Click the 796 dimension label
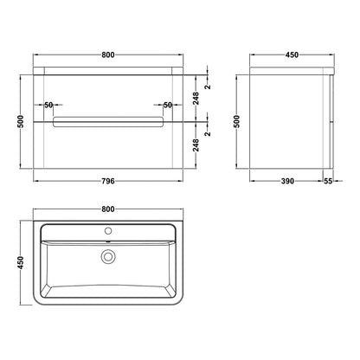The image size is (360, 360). pyautogui.click(x=108, y=181)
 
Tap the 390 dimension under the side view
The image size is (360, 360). pyautogui.click(x=287, y=181)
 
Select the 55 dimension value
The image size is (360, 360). pyautogui.click(x=328, y=181)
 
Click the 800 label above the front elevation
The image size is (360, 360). pyautogui.click(x=108, y=55)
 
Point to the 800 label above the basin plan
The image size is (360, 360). pyautogui.click(x=108, y=209)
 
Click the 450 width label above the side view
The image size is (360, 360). pyautogui.click(x=292, y=55)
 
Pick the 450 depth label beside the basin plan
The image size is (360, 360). pyautogui.click(x=20, y=262)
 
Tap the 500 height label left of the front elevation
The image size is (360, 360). pyautogui.click(x=20, y=122)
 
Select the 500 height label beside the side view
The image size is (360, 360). pyautogui.click(x=236, y=122)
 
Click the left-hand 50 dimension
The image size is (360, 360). pyautogui.click(x=48, y=105)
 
